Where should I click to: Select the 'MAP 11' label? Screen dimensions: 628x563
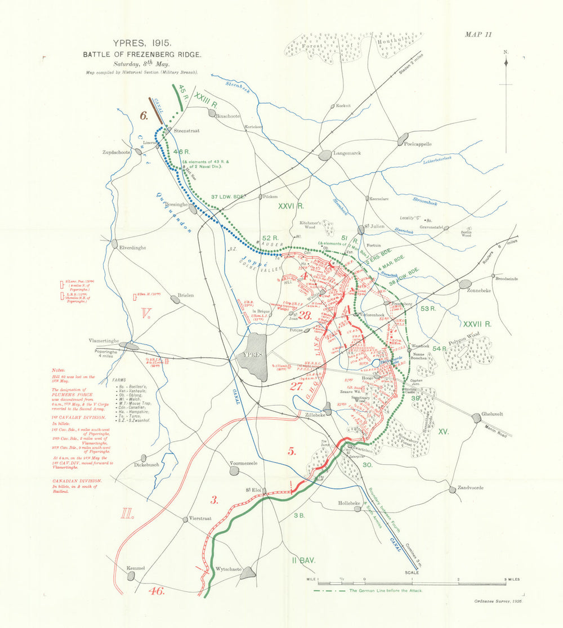pos(478,34)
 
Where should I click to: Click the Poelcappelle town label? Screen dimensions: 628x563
pos(418,144)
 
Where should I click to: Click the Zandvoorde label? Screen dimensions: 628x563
pos(471,487)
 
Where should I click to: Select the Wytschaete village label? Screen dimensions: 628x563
pos(229,569)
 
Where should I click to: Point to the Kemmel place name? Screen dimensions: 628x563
pos(136,568)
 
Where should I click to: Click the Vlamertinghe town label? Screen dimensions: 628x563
pos(107,340)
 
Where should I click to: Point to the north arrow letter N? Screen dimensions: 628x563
pos(506,52)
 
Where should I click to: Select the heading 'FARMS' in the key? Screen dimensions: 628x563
pos(120,380)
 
